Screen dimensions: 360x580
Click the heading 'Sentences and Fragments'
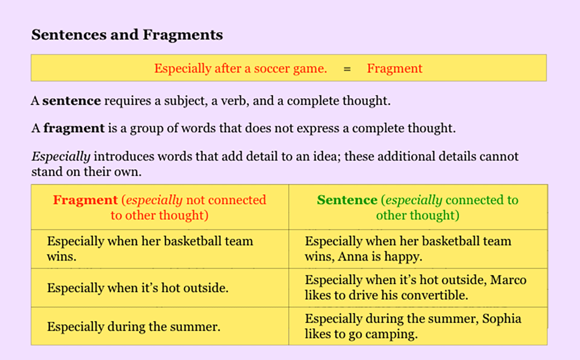point(127,35)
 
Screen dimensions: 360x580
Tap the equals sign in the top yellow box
point(347,69)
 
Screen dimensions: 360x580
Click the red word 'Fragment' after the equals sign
point(394,69)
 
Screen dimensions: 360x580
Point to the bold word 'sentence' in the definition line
point(72,101)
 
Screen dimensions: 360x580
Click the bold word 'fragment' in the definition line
point(74,129)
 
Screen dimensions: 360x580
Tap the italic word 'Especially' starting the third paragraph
point(61,157)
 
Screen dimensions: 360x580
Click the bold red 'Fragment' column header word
point(85,200)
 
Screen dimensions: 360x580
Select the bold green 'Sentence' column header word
point(347,200)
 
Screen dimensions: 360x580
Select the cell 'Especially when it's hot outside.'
point(137,288)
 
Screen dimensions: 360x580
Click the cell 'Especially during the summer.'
point(133,327)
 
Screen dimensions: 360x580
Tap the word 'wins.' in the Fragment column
point(62,257)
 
